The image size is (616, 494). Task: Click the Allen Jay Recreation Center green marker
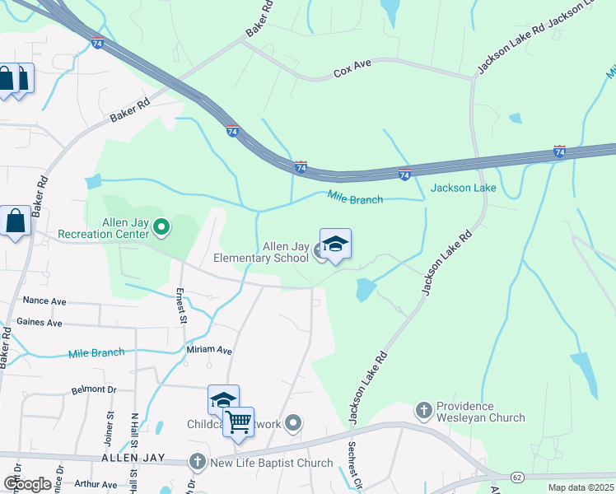click(x=161, y=226)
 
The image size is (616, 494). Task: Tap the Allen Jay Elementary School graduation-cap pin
click(x=335, y=245)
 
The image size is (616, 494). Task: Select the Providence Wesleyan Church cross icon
click(x=423, y=409)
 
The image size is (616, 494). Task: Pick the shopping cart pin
click(x=238, y=423)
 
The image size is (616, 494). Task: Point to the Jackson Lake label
click(x=464, y=188)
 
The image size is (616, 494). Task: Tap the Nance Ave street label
click(x=44, y=301)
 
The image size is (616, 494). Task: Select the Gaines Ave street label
click(x=40, y=323)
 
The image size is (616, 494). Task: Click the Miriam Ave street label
click(x=209, y=350)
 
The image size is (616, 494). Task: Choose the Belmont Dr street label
click(x=95, y=389)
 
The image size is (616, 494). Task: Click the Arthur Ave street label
click(x=96, y=485)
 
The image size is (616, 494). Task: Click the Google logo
click(x=27, y=484)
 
